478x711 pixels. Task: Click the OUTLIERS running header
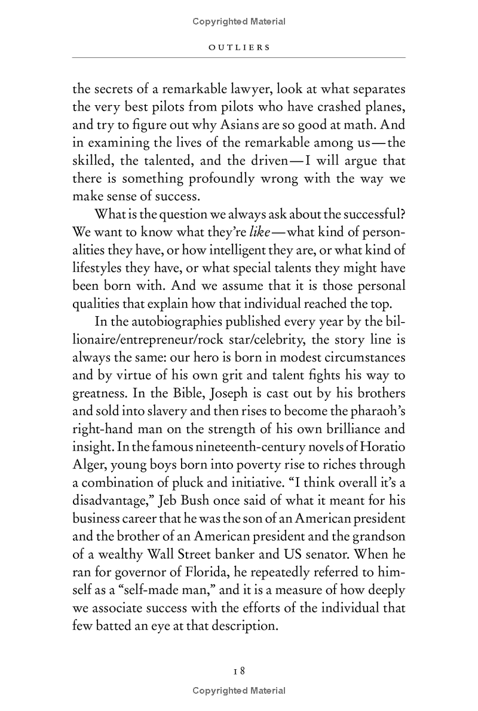point(239,47)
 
